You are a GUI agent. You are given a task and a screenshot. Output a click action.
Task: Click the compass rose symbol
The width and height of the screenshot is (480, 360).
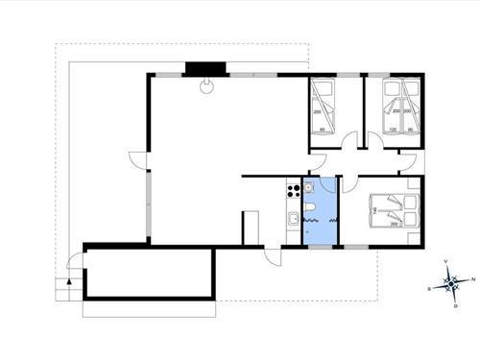pos(451,284)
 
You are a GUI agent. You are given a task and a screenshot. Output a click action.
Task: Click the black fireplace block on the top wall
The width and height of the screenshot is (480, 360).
pos(204,69)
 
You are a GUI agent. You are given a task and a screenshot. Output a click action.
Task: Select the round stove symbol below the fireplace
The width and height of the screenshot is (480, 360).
pos(205,85)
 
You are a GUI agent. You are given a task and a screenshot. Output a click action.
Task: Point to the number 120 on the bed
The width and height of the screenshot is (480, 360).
pos(392,129)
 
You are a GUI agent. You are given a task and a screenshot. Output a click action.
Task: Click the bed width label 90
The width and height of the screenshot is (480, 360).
pos(411,129)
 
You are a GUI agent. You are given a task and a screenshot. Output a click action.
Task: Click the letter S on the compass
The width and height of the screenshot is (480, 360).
pos(430,287)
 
